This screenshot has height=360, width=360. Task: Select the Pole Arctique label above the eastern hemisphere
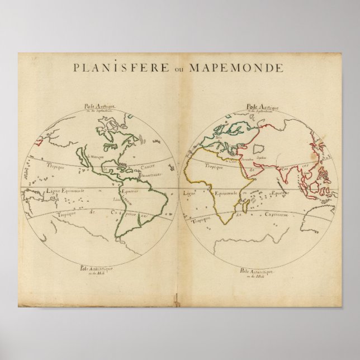coord(259,106)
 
